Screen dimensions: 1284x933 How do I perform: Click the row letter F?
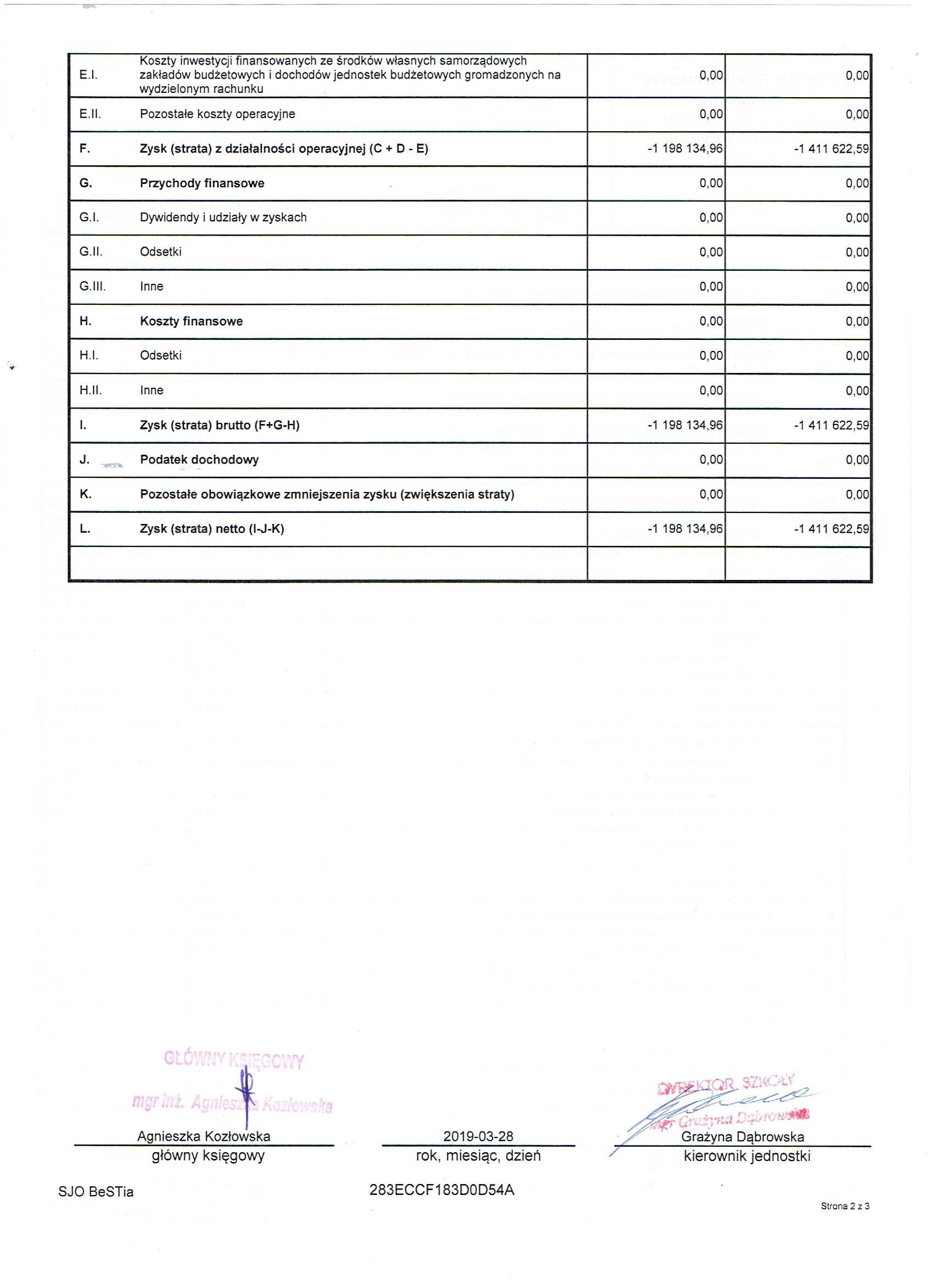click(x=85, y=149)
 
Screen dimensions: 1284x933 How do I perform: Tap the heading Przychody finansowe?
click(x=202, y=183)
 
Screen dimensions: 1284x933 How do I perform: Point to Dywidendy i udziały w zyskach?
click(x=223, y=217)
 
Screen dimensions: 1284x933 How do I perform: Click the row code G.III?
click(x=93, y=287)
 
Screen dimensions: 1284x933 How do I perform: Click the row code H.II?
click(x=91, y=390)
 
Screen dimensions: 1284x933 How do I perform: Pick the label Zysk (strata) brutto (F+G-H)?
click(x=220, y=425)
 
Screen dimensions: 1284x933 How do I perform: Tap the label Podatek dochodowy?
click(x=199, y=460)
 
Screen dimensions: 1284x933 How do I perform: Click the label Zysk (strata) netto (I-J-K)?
click(x=212, y=529)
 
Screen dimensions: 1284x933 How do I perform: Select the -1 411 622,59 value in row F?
click(x=831, y=149)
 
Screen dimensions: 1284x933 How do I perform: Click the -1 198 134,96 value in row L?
click(x=685, y=529)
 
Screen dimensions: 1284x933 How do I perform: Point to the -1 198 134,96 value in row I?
click(x=685, y=425)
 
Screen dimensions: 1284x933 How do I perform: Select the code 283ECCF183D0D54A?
click(x=442, y=1190)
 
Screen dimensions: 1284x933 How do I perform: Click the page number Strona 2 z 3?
click(x=845, y=1222)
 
